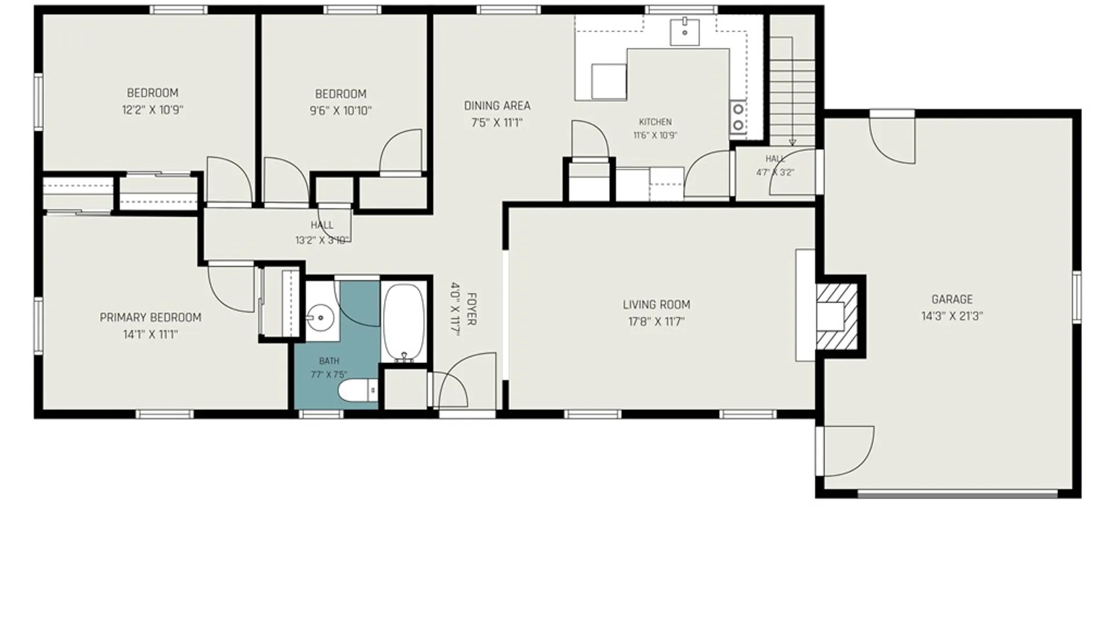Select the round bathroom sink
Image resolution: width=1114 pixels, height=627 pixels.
coord(320,318)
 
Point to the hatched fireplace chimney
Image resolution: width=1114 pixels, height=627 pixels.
coord(837,316)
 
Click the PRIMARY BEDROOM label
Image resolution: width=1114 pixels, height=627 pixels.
coord(150,318)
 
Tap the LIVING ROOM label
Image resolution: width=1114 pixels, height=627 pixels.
coord(657,305)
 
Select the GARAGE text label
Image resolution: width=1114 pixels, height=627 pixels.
coord(952,300)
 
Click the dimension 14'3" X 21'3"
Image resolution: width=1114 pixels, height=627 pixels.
coord(952,316)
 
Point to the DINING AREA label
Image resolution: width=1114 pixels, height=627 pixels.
coord(497,106)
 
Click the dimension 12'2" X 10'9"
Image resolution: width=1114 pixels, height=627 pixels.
coord(153,110)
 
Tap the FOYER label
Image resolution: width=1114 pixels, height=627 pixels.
coord(471,309)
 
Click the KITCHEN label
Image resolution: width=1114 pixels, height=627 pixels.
coord(656,122)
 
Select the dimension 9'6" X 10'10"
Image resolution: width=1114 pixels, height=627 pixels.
coord(341,111)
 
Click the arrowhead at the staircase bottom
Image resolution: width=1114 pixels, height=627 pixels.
coord(793,142)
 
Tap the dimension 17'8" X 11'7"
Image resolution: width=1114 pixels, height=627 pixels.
coord(657,322)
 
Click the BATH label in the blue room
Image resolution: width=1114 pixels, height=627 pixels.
coord(329,361)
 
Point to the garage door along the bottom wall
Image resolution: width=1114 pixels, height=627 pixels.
coord(957,494)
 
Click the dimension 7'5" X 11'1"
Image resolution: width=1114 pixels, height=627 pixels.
coord(497,122)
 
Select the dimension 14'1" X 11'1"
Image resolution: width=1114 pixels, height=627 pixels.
coord(150,334)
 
